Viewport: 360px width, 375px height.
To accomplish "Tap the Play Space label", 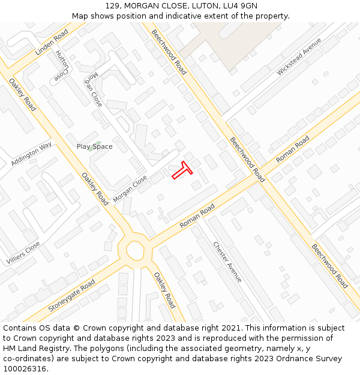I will [x=94, y=146].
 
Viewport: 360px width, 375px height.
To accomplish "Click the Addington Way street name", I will [x=31, y=154].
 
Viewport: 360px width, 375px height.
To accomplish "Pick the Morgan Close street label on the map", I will [x=130, y=188].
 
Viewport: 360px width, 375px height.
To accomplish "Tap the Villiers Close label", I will [x=23, y=253].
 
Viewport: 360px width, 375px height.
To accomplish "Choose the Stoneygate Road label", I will [x=71, y=296].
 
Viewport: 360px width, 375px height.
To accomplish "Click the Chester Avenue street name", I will [x=227, y=262].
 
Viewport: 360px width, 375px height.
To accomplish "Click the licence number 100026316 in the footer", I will [x=25, y=368].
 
